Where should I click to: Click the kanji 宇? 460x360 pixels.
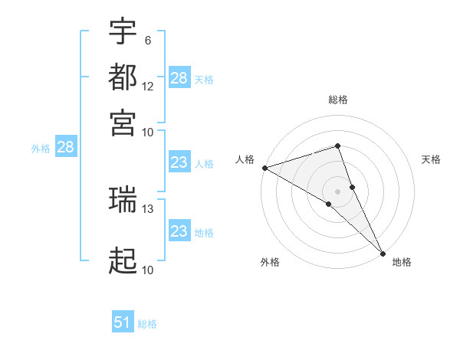tap(123, 32)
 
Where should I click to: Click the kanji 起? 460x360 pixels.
tap(123, 260)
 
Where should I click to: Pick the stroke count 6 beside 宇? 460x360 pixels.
tap(147, 40)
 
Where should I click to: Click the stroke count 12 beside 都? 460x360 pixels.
tap(148, 86)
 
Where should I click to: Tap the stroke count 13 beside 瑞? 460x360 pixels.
tap(148, 208)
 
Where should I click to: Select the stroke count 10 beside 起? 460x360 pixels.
tap(148, 270)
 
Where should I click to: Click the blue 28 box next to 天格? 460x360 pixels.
tap(179, 77)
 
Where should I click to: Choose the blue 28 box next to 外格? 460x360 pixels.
tap(65, 147)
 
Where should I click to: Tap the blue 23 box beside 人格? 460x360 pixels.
tap(179, 162)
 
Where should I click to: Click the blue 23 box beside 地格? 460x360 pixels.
tap(179, 231)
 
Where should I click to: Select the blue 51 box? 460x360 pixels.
tap(123, 322)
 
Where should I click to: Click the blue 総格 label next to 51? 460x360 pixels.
tap(147, 324)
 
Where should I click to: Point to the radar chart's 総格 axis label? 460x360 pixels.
tap(338, 100)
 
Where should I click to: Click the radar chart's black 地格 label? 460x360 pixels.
tap(402, 262)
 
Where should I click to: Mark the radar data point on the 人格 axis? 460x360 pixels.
tap(264, 167)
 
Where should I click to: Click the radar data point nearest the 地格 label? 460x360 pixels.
tap(383, 252)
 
